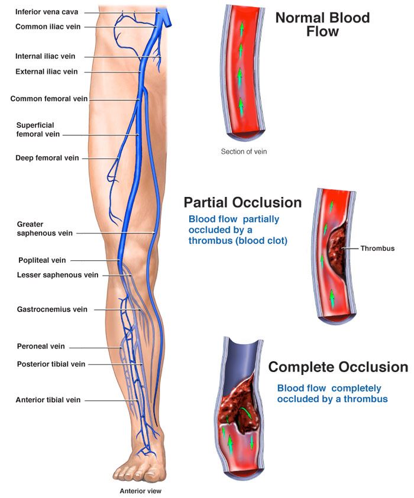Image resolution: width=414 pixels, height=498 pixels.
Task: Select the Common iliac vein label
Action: [47, 27]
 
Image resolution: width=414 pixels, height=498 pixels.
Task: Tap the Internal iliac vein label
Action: [46, 57]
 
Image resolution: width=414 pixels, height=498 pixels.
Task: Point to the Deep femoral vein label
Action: [47, 158]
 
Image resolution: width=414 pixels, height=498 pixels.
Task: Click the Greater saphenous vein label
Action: [44, 229]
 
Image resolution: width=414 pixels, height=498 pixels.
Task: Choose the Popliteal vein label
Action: [42, 260]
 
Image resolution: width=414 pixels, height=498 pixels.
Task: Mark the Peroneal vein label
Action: [41, 347]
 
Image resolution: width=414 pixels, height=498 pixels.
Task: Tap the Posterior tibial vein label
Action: [51, 364]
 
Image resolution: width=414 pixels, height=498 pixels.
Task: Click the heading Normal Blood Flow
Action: [322, 24]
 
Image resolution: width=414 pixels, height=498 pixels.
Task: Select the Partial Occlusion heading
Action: [242, 203]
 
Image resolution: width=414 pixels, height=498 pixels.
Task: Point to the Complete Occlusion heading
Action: [338, 367]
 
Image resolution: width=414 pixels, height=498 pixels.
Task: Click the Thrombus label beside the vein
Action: [377, 248]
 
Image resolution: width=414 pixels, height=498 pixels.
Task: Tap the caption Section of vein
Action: [244, 151]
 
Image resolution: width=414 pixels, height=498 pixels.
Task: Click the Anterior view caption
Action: [140, 491]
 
